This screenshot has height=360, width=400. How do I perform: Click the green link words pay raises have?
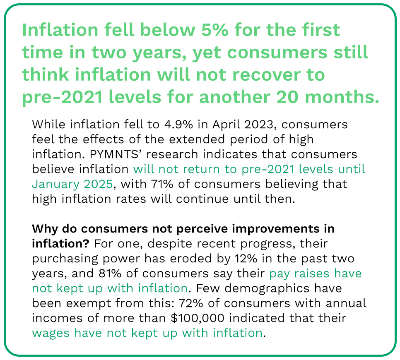click(315, 273)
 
